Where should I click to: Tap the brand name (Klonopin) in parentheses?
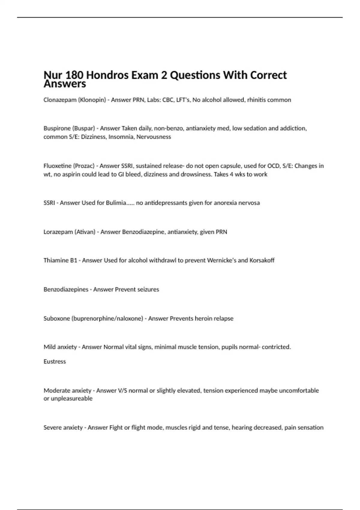tap(92, 100)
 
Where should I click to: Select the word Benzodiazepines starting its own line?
tap(66, 289)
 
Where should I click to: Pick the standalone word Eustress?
tap(55, 361)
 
